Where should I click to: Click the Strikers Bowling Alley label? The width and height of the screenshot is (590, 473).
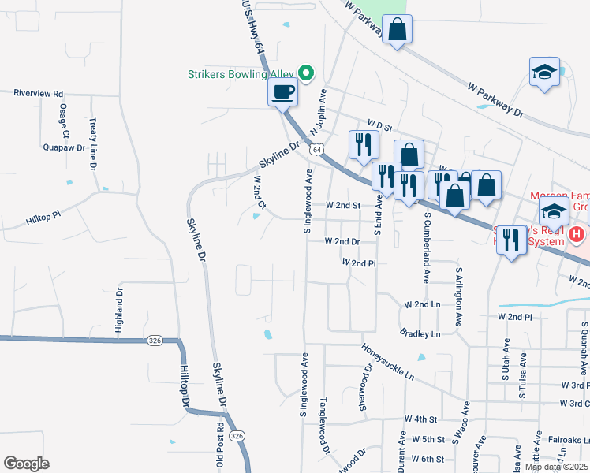point(239,75)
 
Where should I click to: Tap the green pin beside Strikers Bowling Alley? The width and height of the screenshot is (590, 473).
point(306,74)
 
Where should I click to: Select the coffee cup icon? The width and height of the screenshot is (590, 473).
point(282,92)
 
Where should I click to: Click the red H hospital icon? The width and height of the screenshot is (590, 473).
point(578,234)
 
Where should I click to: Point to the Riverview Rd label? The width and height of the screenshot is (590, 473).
point(38,93)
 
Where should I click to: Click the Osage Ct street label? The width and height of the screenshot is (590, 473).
point(63,121)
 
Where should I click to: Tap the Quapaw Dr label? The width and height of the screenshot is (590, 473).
point(62,146)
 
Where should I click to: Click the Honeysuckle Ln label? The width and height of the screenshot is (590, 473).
point(387,361)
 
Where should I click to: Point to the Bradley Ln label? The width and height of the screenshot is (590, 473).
point(420,333)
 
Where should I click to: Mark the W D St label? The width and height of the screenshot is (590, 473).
point(380,124)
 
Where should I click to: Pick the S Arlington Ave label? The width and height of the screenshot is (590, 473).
point(457,296)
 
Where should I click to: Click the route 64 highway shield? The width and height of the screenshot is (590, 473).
point(316,149)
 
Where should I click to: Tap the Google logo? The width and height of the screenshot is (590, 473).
point(26,464)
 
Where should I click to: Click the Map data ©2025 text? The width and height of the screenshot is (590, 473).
point(557,467)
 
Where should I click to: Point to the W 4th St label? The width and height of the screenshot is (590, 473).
point(420,419)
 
